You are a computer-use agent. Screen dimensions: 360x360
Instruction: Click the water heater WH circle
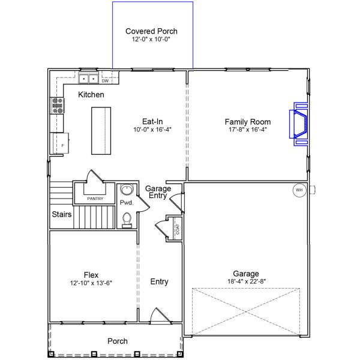click(x=299, y=190)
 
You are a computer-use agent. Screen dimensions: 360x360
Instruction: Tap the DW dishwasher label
click(x=105, y=81)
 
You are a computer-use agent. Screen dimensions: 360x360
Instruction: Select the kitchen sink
click(x=88, y=79)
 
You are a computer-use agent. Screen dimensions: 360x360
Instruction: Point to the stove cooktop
click(x=58, y=106)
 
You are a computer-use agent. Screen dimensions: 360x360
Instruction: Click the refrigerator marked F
click(x=61, y=143)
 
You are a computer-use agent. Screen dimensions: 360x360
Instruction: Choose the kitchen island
click(x=101, y=131)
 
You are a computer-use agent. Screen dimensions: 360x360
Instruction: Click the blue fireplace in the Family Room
click(x=298, y=124)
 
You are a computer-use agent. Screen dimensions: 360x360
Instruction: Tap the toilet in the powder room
click(x=127, y=220)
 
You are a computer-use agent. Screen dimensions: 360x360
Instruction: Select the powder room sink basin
click(x=126, y=189)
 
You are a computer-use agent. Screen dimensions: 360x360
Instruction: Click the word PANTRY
click(x=95, y=199)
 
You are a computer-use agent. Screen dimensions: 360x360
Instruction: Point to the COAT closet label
click(x=178, y=229)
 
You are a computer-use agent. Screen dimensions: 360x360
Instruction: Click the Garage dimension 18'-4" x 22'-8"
click(x=247, y=281)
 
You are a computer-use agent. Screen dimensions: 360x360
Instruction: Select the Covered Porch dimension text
click(x=151, y=39)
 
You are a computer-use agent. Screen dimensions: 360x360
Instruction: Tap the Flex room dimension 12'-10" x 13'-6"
click(x=91, y=283)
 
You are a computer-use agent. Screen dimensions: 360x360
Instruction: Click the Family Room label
click(x=248, y=122)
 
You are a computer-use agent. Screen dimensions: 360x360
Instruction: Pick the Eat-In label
click(x=152, y=121)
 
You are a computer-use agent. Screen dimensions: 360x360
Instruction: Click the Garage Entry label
click(x=158, y=192)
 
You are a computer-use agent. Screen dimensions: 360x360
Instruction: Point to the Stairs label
click(x=62, y=214)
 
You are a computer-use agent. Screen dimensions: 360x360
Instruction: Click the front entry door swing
click(x=160, y=316)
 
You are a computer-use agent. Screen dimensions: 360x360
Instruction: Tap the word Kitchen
click(x=91, y=95)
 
